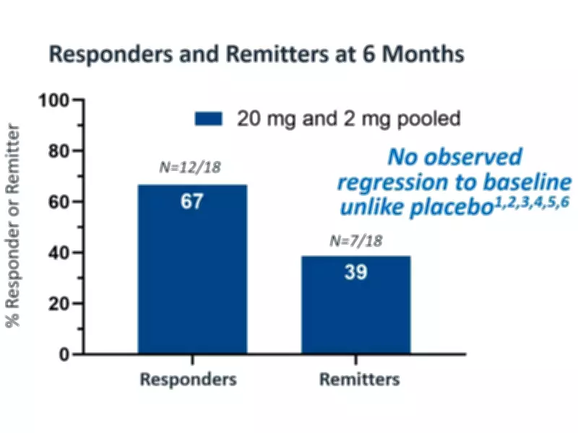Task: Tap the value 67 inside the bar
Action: [x=191, y=201]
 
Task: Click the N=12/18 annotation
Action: [x=191, y=167]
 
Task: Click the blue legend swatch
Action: [x=210, y=118]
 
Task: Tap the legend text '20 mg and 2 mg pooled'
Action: [x=350, y=118]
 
